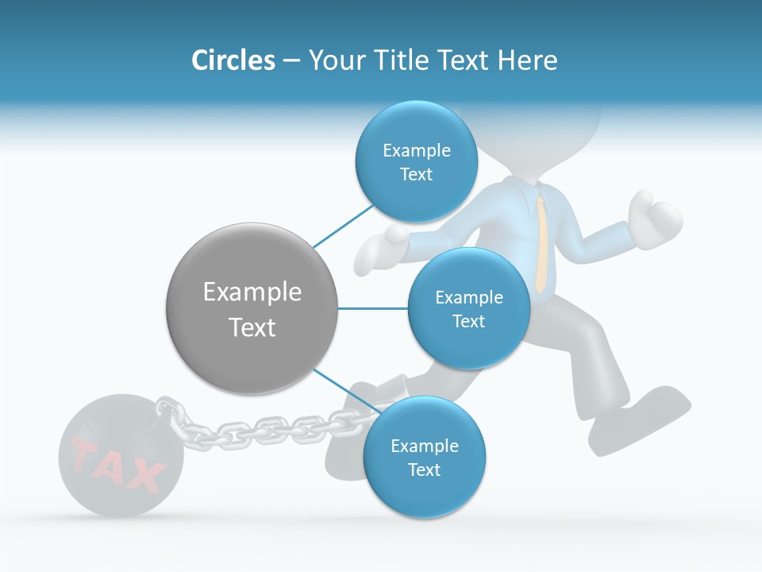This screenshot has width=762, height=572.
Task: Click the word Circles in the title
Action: tap(233, 60)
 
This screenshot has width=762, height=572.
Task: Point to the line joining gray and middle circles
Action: tap(373, 308)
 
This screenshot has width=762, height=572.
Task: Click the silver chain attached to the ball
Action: tap(254, 429)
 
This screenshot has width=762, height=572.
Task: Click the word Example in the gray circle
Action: tap(252, 292)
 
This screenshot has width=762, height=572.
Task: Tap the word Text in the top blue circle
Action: tap(416, 175)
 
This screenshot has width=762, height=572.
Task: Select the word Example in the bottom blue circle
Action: tap(424, 446)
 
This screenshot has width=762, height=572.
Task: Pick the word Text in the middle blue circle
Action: tap(468, 322)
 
